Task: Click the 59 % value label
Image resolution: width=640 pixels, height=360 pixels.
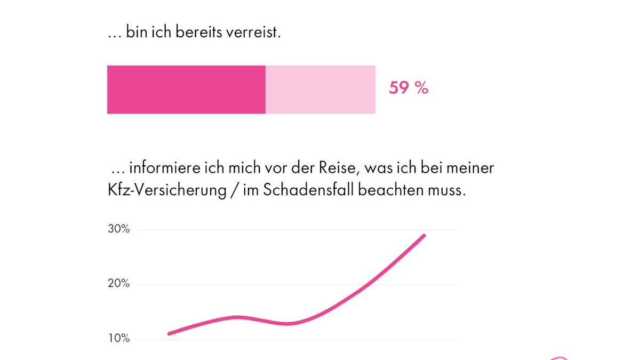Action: (x=408, y=88)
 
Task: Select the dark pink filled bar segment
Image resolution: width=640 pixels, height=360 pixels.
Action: (x=186, y=90)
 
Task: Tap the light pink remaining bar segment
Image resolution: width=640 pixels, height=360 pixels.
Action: (x=320, y=90)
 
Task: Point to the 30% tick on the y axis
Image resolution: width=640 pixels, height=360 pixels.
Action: (x=118, y=229)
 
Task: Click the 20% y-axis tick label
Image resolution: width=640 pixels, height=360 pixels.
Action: (x=118, y=283)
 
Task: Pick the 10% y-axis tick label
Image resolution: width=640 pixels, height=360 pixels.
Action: (x=118, y=338)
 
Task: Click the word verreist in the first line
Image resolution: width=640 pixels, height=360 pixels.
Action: (x=253, y=33)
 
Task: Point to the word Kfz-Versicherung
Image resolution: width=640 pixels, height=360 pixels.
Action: (x=167, y=190)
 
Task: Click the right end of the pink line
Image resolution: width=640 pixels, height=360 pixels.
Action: (x=424, y=235)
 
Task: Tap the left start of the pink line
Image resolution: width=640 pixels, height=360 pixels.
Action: (x=169, y=334)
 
